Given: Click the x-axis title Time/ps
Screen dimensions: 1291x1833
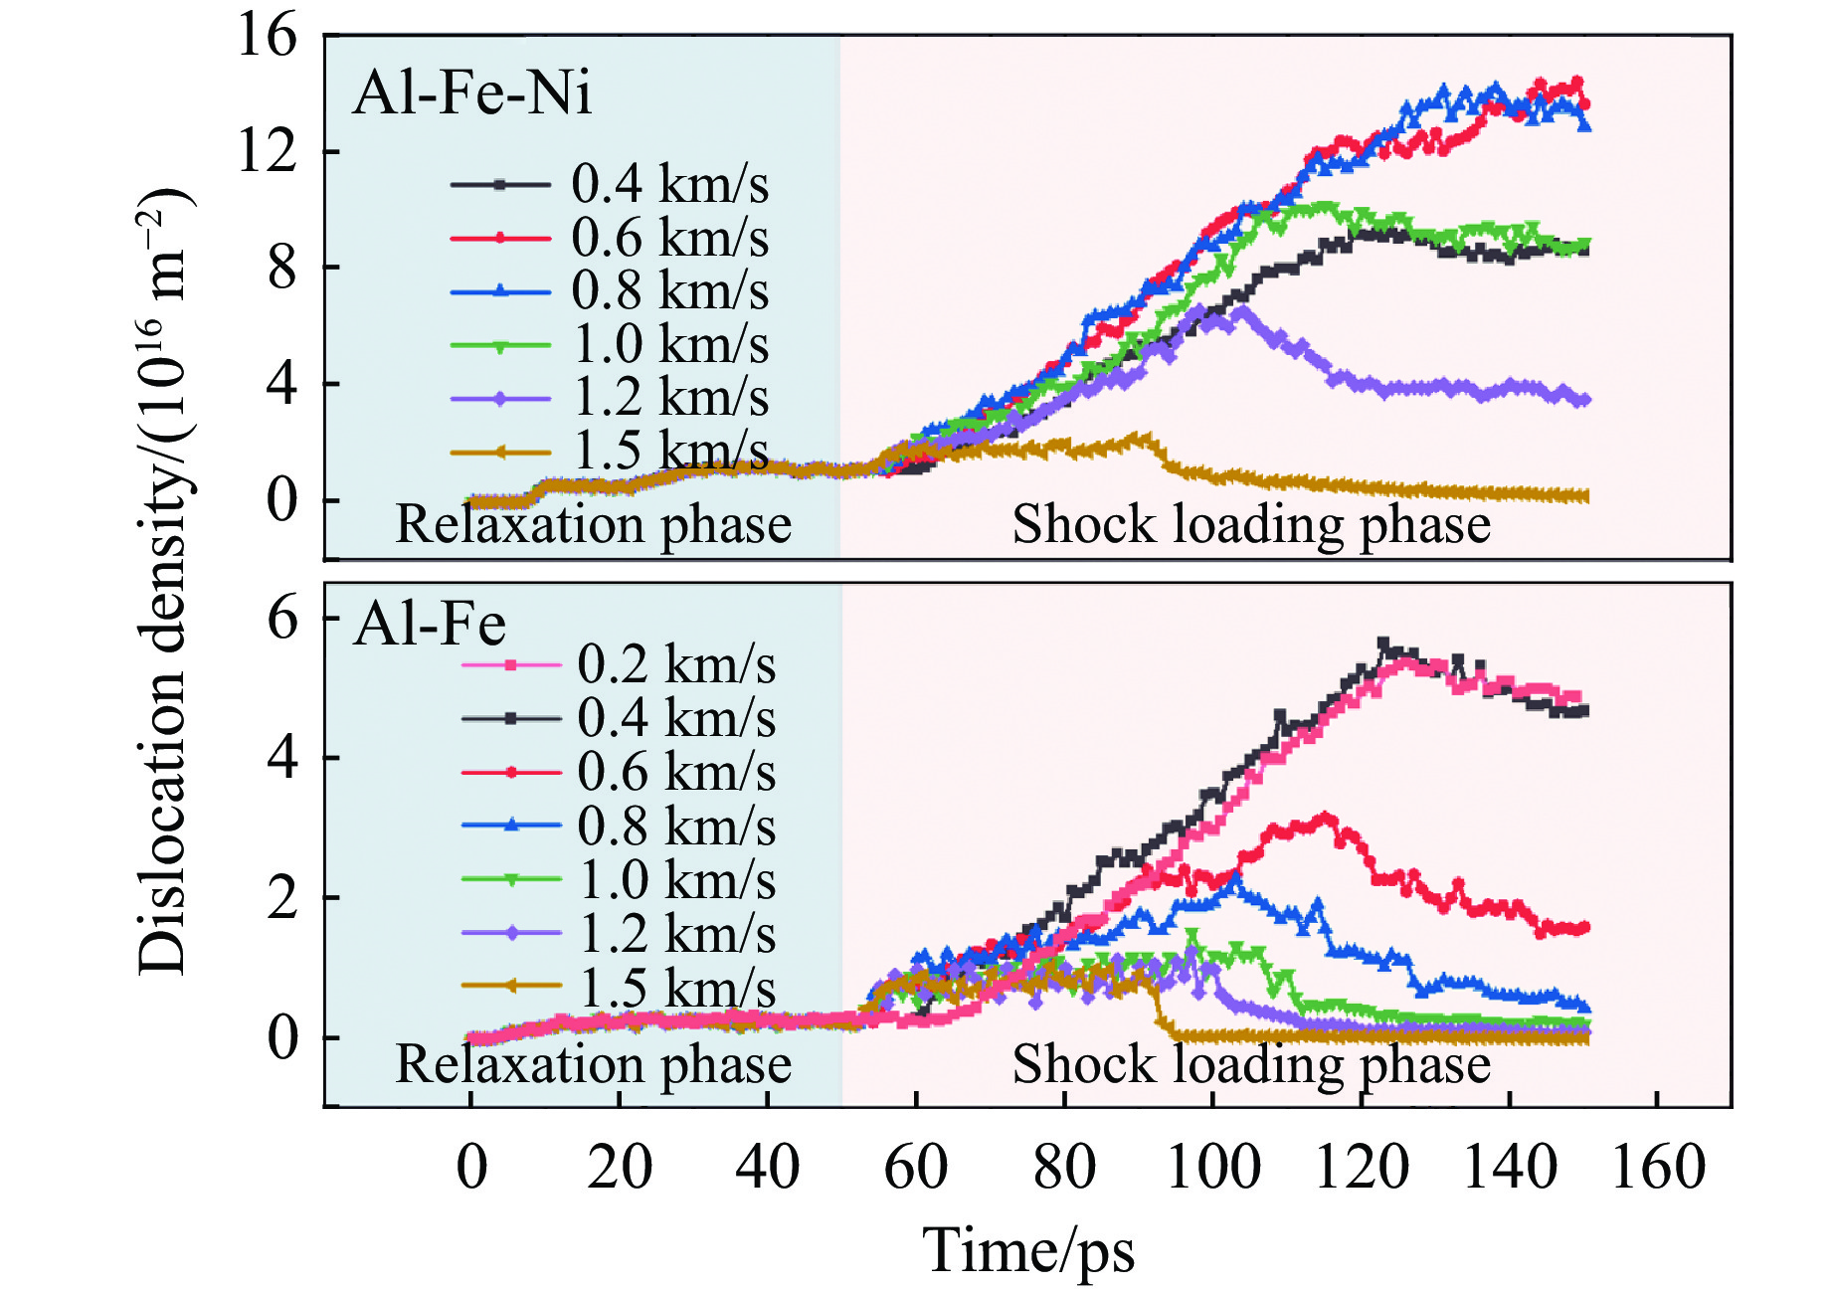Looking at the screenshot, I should (1028, 1250).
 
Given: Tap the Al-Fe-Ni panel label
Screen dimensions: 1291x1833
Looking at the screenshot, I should (472, 93).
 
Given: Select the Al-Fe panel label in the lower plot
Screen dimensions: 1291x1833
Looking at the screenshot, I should (430, 625).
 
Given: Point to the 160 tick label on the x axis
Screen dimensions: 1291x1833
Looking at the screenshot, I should (1657, 1168).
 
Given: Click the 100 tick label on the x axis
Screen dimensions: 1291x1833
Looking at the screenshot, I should (1212, 1168).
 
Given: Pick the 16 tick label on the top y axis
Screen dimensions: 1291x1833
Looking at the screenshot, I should (267, 36).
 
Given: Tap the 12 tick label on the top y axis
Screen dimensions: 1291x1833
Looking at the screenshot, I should (267, 152).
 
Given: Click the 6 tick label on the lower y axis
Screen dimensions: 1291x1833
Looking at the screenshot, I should (282, 619).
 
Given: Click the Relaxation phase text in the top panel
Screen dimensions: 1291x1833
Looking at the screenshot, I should (593, 524).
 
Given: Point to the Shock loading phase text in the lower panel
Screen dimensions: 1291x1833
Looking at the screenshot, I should (1251, 1063).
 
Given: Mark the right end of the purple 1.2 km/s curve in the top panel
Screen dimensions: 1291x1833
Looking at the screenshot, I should (1584, 400).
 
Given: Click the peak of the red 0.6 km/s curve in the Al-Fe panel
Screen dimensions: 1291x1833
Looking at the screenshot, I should (1326, 818).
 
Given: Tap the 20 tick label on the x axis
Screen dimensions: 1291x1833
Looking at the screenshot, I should (619, 1168).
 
